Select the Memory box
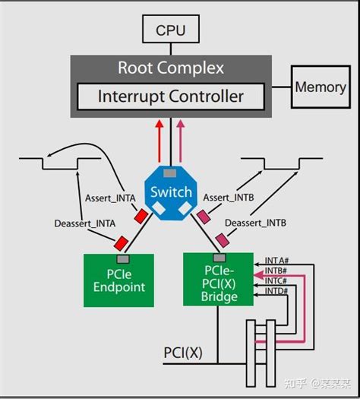tap(321, 87)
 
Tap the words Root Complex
tap(171, 68)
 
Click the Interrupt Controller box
tap(171, 97)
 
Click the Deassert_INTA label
tap(85, 224)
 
